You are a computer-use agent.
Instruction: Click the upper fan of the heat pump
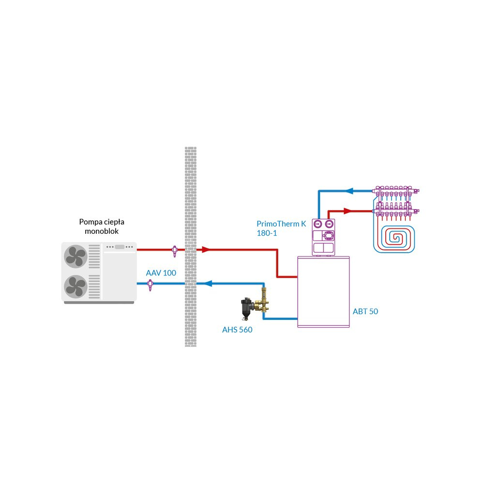click(76, 256)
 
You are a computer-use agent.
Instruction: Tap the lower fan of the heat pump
click(76, 286)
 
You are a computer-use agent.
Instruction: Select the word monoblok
click(102, 231)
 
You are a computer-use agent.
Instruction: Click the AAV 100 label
click(161, 273)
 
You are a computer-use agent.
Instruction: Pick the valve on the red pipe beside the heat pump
click(174, 250)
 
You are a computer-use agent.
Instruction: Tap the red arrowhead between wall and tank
click(206, 250)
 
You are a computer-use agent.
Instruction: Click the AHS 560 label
click(237, 330)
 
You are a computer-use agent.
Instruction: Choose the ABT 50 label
click(365, 311)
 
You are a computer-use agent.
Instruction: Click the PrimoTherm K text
click(281, 224)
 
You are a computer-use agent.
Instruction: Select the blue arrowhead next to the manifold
click(350, 191)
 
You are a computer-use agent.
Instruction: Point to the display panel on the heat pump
click(119, 247)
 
